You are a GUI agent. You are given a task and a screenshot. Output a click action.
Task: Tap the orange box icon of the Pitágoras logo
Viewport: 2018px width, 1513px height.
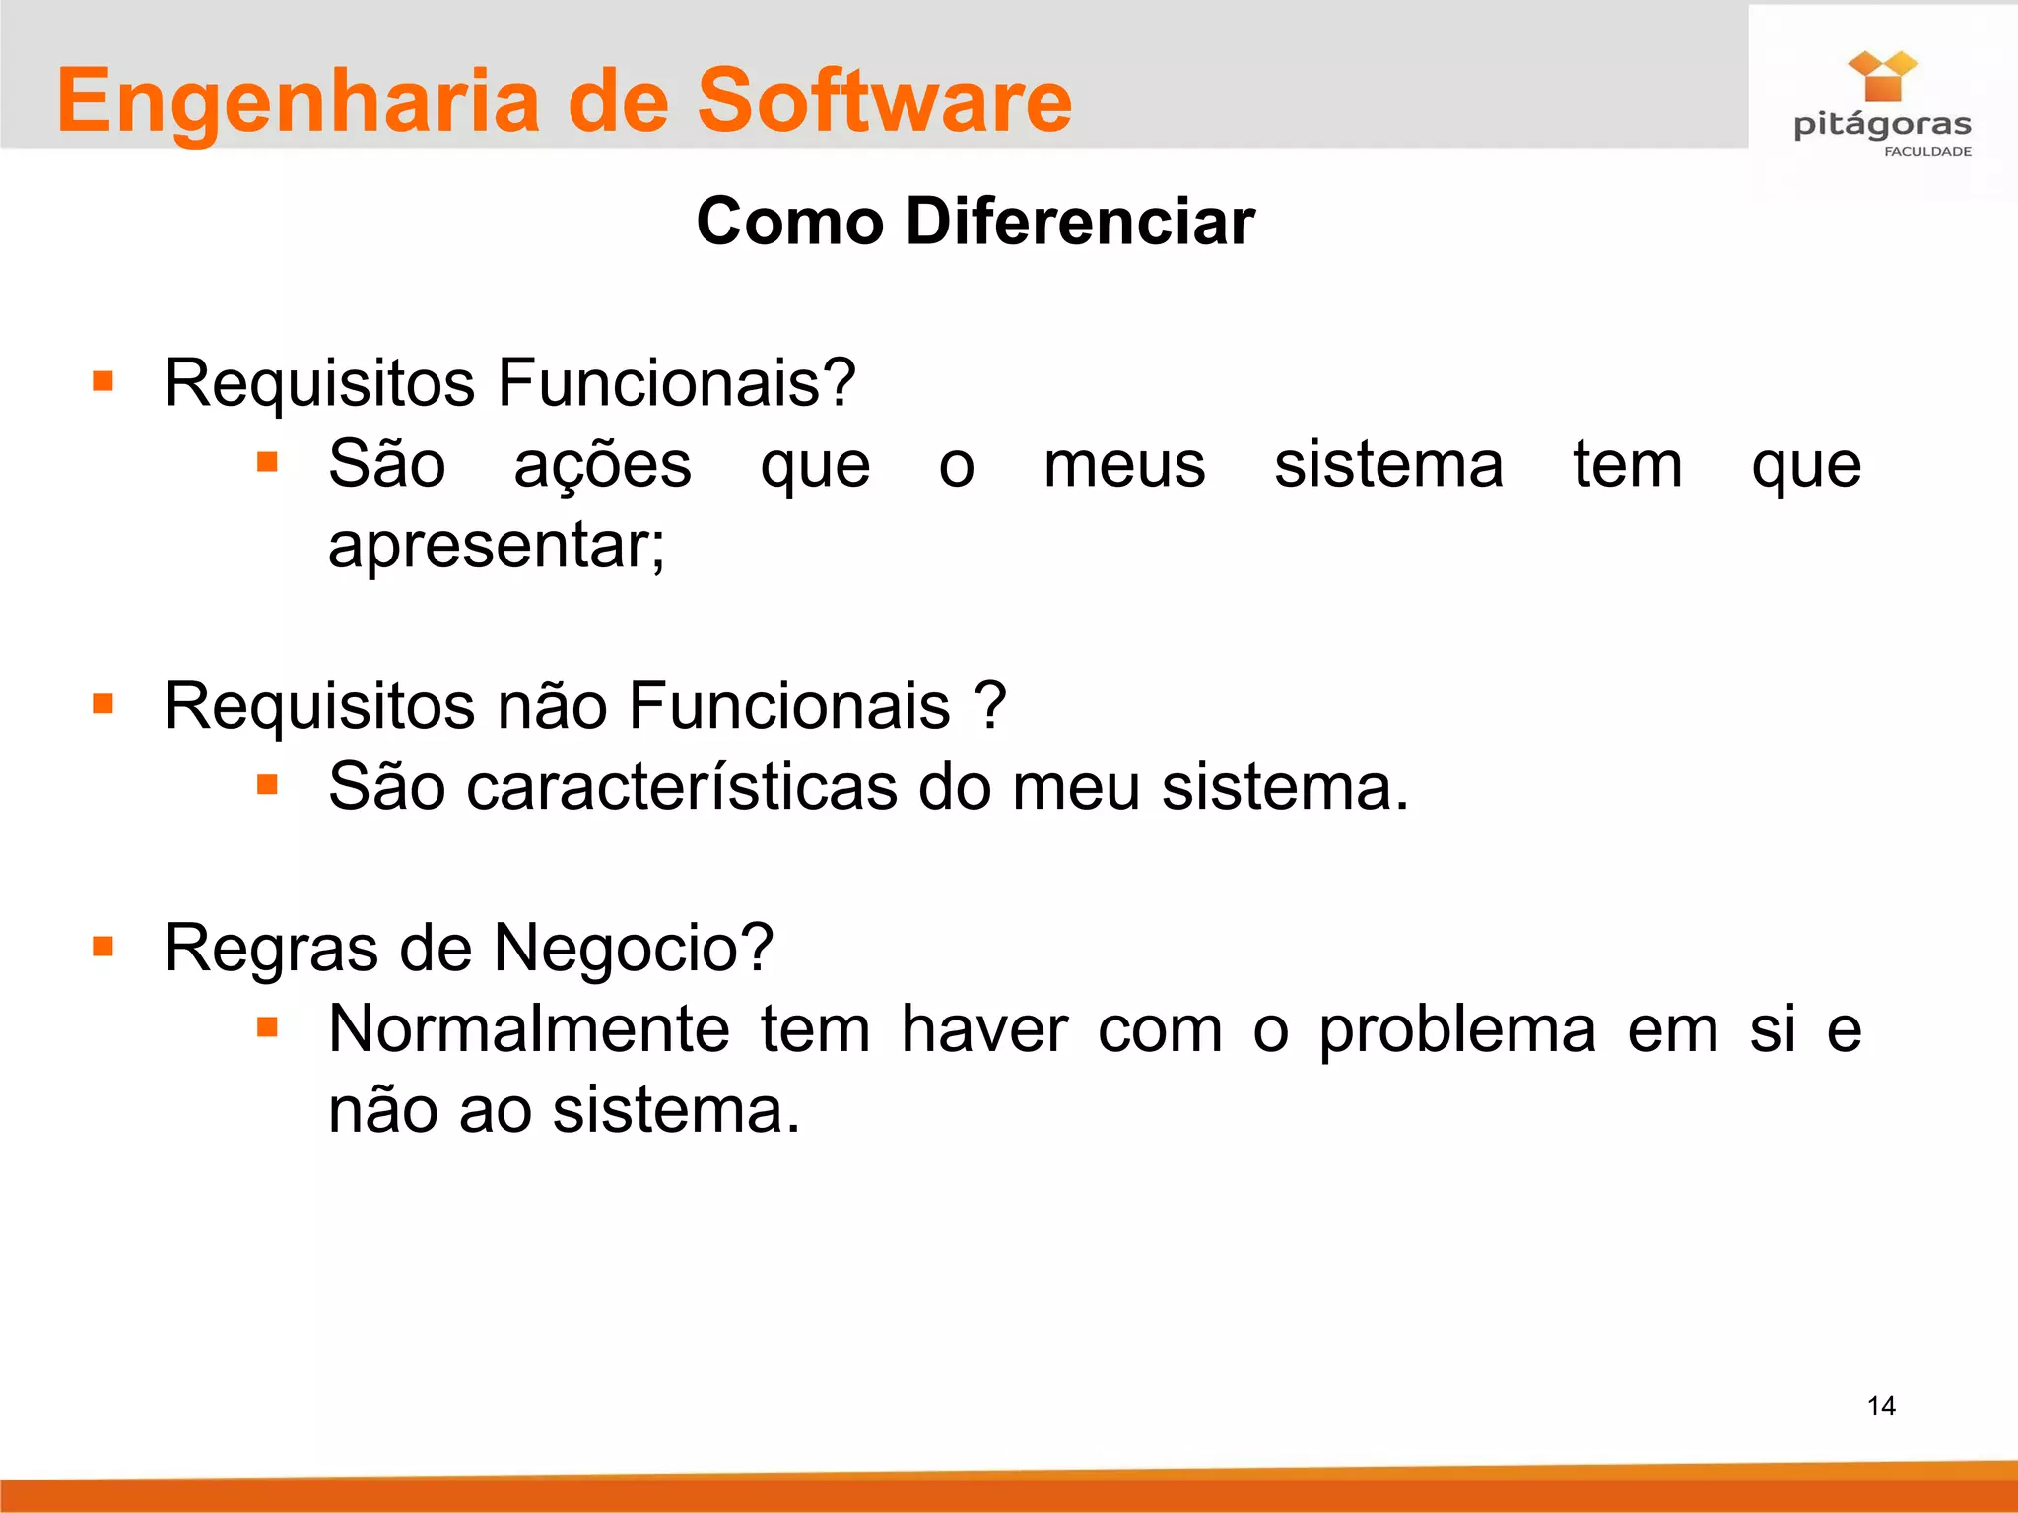(1882, 78)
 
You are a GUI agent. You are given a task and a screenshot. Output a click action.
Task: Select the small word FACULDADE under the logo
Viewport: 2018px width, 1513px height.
(1927, 152)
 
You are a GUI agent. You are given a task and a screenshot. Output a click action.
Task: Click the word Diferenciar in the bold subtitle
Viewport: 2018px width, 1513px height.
(1080, 221)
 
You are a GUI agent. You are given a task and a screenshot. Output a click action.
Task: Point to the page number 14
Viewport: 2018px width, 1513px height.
(1881, 1406)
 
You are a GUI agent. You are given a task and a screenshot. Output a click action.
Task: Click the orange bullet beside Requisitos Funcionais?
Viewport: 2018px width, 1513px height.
(102, 381)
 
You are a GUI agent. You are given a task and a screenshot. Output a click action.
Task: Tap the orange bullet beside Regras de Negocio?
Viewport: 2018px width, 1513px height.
(102, 947)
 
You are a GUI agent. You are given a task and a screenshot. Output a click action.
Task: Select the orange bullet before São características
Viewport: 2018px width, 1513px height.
(267, 785)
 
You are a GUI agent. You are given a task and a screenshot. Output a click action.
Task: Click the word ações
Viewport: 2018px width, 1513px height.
(602, 465)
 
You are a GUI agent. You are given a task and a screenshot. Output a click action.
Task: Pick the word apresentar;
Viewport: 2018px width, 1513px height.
(497, 545)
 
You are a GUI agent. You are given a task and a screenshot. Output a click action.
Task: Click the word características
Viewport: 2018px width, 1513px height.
(682, 787)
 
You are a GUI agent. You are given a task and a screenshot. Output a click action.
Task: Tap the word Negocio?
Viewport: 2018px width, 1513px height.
(634, 948)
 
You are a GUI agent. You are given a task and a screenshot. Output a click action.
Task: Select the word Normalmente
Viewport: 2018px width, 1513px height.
(529, 1029)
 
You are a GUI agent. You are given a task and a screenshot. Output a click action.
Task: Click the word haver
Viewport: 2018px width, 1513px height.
(984, 1029)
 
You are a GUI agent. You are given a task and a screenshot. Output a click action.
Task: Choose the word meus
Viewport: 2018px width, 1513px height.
(1124, 465)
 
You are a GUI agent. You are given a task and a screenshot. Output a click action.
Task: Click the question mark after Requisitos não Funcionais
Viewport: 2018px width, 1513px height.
(990, 705)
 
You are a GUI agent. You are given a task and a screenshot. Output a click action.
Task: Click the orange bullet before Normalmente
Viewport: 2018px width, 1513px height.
(267, 1028)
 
